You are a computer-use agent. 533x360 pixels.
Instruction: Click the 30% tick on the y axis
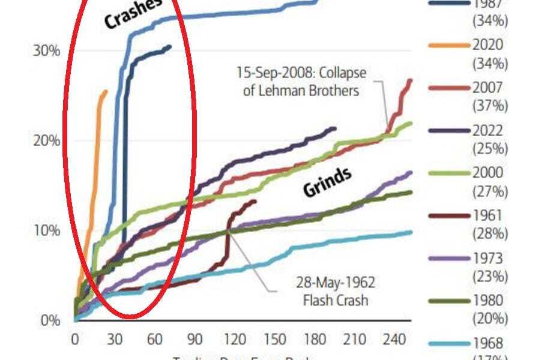[46, 51]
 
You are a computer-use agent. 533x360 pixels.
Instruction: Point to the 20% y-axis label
[46, 140]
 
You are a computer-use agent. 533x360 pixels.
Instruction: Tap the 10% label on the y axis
[46, 230]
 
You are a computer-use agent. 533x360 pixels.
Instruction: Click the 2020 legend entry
[488, 45]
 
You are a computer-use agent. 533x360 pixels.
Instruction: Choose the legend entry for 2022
[488, 131]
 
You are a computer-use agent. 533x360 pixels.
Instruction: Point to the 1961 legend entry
[488, 217]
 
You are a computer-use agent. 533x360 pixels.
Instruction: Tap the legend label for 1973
[488, 259]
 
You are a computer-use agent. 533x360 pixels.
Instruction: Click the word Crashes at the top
[133, 13]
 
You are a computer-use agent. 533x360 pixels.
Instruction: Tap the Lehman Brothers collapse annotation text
[307, 82]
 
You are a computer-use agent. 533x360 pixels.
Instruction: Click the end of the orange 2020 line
[106, 91]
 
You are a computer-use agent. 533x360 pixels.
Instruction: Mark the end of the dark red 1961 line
[256, 201]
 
